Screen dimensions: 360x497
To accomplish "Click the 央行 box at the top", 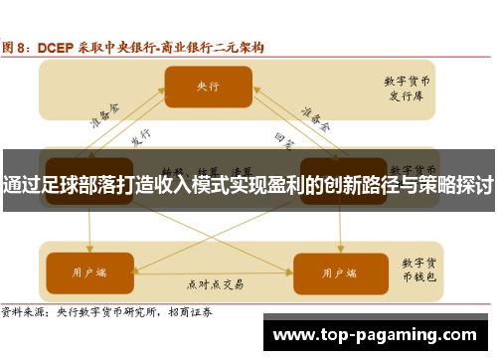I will tap(207, 87).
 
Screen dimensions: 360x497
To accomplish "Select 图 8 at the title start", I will tap(18, 47).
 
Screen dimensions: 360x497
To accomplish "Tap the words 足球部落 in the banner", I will tap(85, 186).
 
